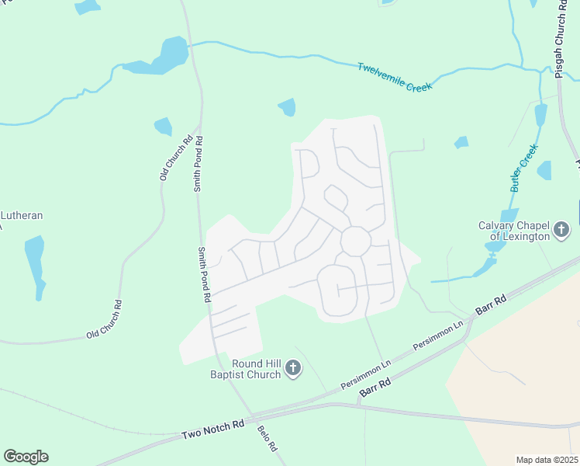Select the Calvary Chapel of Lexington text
(513, 231)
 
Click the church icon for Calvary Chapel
(561, 231)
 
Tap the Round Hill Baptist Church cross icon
(292, 368)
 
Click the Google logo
(26, 457)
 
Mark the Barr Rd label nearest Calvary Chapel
(490, 304)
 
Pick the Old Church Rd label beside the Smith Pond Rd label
(175, 159)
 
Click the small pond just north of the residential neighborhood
(288, 106)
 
